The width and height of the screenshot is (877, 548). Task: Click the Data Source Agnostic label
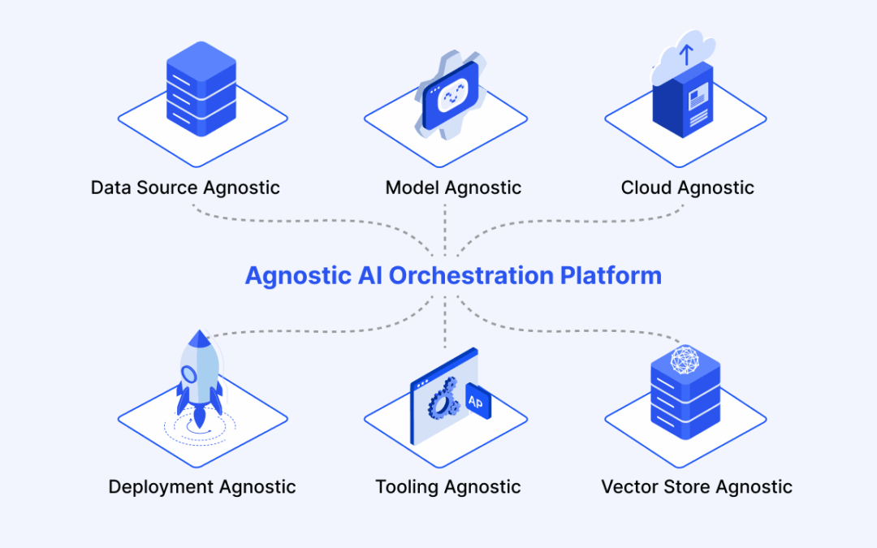tap(185, 188)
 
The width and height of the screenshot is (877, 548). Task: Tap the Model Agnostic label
tap(453, 188)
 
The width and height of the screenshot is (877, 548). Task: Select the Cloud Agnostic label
tap(687, 188)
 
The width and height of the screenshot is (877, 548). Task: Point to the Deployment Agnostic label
tap(202, 487)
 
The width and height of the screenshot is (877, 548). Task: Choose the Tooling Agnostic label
tap(447, 487)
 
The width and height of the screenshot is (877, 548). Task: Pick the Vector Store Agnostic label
tap(697, 487)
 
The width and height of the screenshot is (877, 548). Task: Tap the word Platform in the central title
tap(611, 276)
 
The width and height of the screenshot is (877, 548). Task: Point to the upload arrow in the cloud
tap(686, 55)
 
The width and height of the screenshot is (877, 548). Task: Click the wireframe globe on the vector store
tap(685, 359)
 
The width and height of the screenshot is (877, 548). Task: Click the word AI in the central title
tap(369, 276)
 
